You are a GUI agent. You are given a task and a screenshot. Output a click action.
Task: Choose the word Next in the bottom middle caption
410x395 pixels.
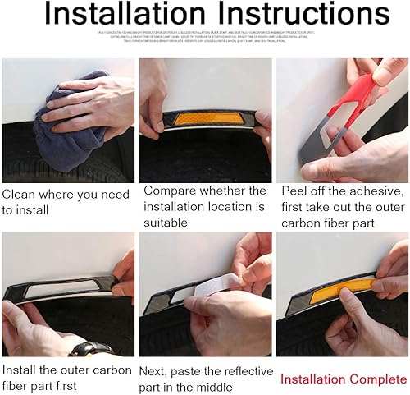157,370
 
